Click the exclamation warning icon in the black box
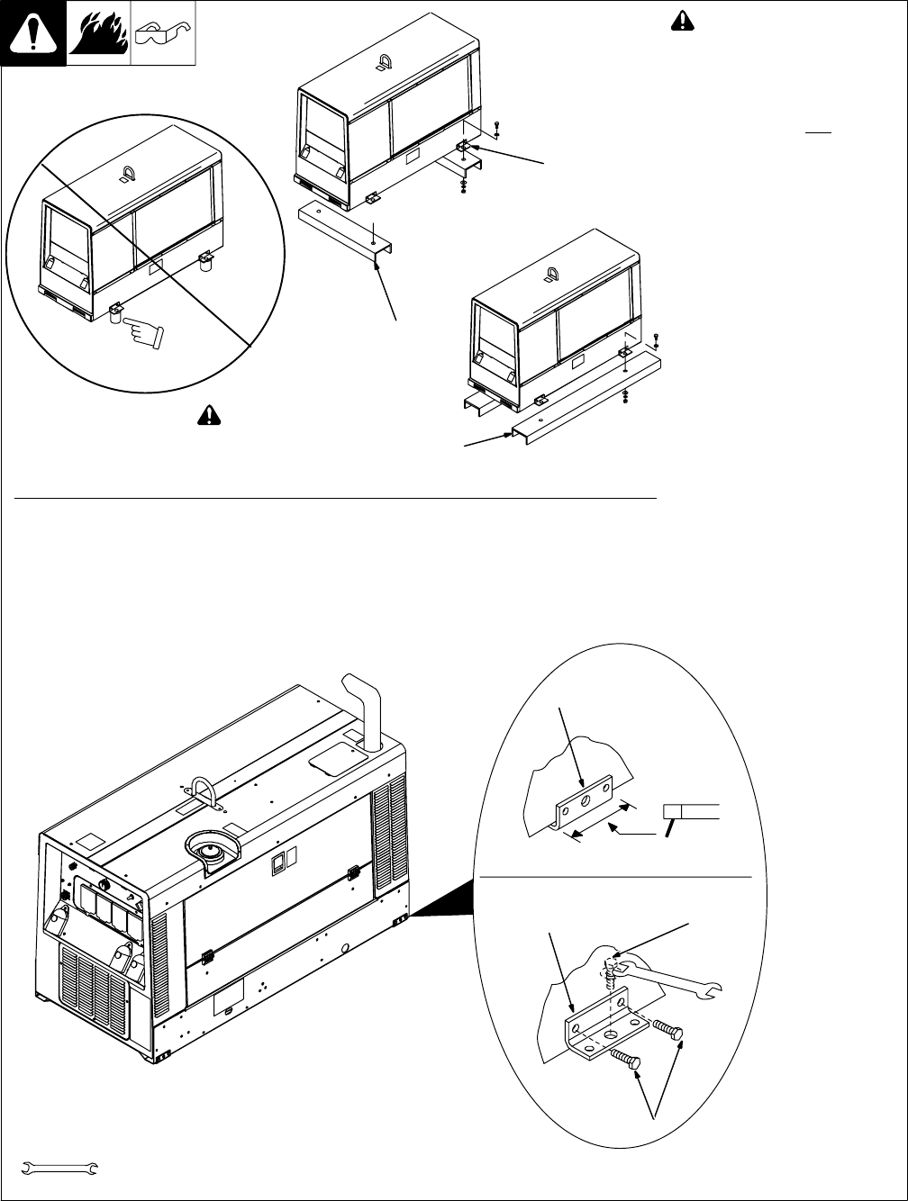(33, 34)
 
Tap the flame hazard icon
(98, 34)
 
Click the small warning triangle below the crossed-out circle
(209, 414)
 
